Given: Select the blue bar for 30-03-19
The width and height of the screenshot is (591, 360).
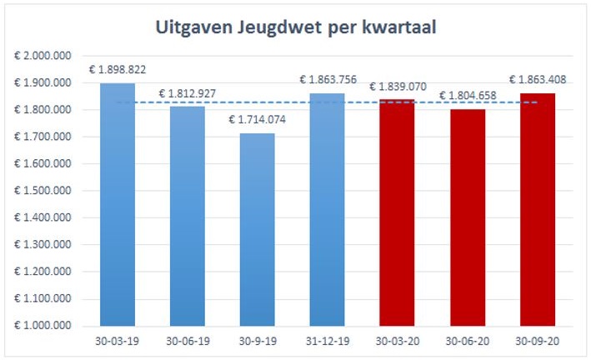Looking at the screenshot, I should coord(118,204).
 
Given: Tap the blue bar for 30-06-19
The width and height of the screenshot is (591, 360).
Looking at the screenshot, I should coord(188,216).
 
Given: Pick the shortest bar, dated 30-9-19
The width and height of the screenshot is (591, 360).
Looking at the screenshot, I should coord(257,229).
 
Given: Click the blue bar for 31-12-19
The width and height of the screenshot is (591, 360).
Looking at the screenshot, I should coord(327,209).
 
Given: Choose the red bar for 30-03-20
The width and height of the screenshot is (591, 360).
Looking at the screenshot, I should coord(397,212).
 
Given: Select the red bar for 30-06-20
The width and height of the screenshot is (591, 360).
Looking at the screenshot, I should coord(467,217).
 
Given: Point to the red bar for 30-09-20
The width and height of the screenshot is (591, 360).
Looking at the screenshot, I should coord(537,209).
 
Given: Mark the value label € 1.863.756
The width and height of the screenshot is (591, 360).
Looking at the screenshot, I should coord(328,80).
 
